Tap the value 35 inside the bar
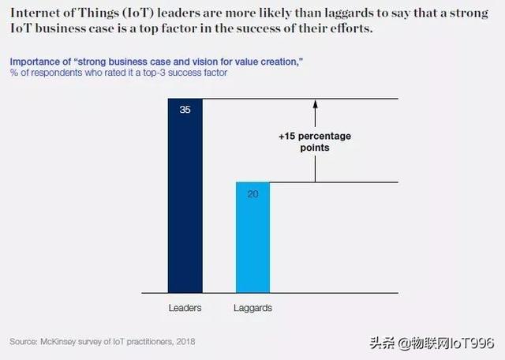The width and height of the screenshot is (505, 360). (x=185, y=110)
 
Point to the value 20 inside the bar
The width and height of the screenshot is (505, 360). (x=252, y=193)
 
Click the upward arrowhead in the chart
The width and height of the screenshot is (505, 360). (x=315, y=103)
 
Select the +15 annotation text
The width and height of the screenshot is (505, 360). (x=290, y=137)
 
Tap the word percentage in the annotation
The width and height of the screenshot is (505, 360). (x=325, y=137)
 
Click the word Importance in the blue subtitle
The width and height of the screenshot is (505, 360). (x=33, y=62)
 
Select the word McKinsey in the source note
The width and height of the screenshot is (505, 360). (x=59, y=342)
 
